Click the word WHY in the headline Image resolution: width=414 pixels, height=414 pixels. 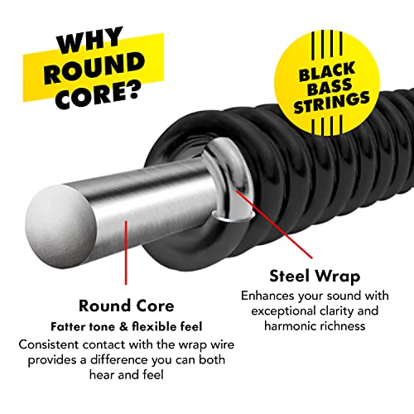coord(89,40)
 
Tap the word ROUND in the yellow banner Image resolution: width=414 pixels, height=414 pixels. coord(94,68)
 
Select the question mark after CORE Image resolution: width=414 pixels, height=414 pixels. coord(130,89)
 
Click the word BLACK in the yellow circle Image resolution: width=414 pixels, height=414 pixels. coord(327,71)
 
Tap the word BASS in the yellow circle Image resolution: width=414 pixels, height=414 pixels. coord(330,87)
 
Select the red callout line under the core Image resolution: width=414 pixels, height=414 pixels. coord(126,253)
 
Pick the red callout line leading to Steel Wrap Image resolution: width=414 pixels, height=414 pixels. coord(274,224)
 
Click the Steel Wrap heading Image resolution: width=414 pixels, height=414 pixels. coord(315,277)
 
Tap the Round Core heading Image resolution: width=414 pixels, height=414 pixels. coord(127,306)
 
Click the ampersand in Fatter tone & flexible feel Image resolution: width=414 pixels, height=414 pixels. coord(123,327)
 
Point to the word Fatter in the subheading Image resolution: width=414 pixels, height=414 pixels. coord(68,327)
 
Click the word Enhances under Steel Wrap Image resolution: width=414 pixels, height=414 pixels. coord(267,296)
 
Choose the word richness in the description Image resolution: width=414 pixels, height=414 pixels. coord(340,326)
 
